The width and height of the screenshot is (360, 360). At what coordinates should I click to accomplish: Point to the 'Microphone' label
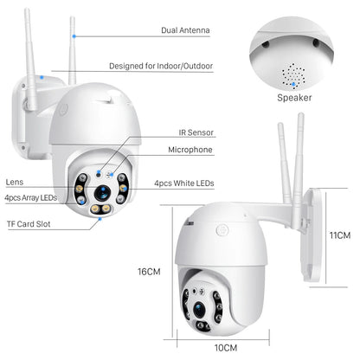(x=191, y=150)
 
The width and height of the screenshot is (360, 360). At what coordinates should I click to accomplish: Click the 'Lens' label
(x=14, y=183)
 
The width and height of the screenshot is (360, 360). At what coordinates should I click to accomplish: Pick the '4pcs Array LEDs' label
(x=30, y=198)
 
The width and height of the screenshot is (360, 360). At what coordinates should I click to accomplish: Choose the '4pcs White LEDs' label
(x=183, y=184)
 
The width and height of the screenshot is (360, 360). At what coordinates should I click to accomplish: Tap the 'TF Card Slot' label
(x=28, y=224)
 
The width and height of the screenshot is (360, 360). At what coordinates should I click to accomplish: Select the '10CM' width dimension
(x=226, y=347)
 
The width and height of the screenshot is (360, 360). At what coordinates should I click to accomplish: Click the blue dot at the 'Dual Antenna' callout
(x=76, y=36)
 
